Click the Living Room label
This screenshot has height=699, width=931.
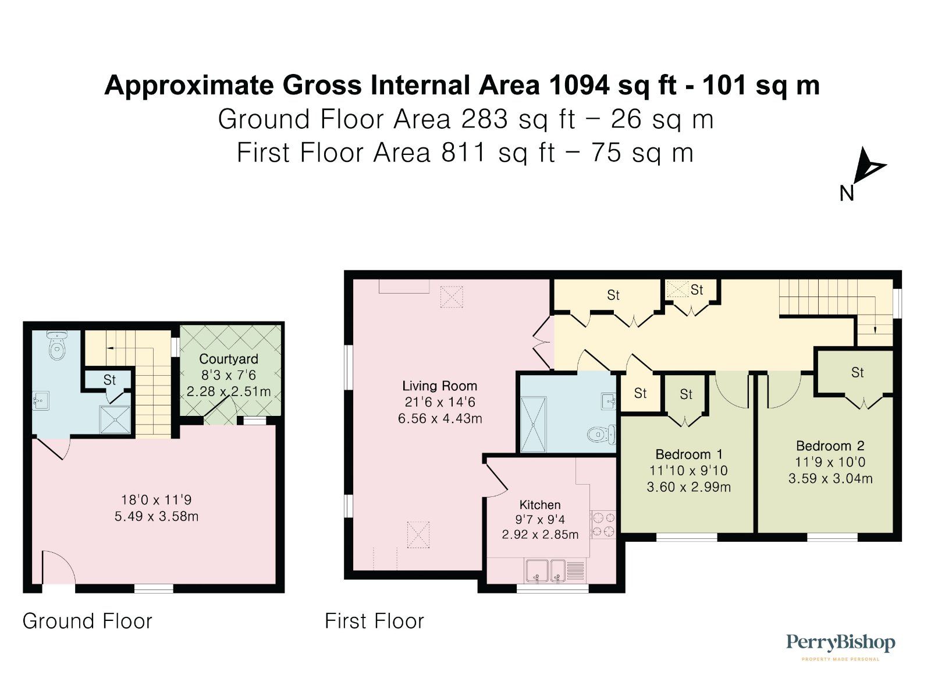click(x=439, y=386)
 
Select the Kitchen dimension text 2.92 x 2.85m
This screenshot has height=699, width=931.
click(x=540, y=535)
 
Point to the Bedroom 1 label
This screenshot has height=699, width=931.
click(x=688, y=454)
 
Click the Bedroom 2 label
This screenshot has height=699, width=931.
click(x=830, y=446)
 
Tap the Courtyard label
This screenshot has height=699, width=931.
click(x=228, y=359)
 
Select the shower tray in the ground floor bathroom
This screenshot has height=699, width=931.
click(x=116, y=419)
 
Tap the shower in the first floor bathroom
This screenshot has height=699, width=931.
click(x=534, y=425)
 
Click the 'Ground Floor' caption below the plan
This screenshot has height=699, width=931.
click(x=87, y=621)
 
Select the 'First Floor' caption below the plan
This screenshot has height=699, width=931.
click(x=374, y=621)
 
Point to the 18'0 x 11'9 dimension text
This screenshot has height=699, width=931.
click(x=156, y=500)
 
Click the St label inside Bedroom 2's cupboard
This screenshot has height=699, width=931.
click(x=857, y=373)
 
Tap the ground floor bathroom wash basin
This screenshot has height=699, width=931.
click(x=41, y=401)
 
